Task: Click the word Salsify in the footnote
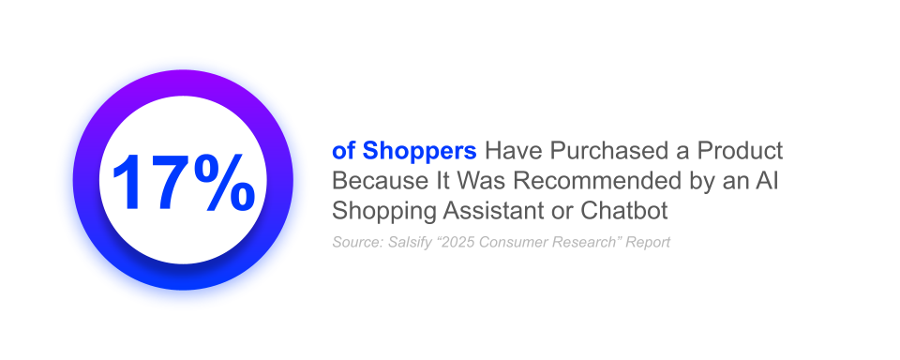pos(410,243)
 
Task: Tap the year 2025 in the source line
pos(459,243)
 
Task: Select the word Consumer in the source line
pos(516,243)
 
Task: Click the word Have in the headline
pos(514,151)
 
